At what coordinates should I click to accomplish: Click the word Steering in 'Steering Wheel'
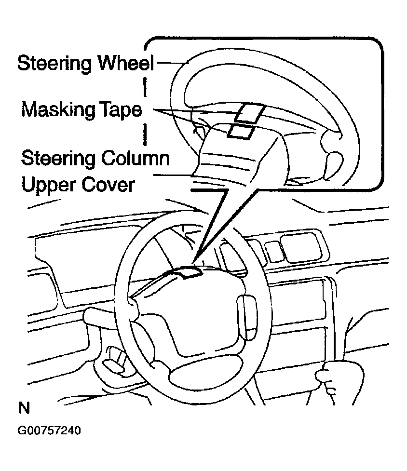tap(56, 64)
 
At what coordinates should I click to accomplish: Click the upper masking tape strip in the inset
tap(248, 113)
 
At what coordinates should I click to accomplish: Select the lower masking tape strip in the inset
tap(241, 130)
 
